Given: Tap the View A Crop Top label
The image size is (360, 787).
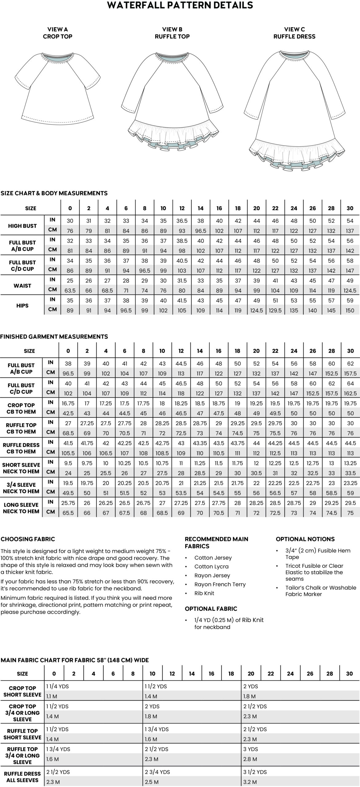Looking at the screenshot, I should pos(57,33).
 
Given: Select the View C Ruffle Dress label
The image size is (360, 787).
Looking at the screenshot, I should pos(294,33).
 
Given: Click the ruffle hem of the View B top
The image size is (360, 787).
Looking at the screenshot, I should pos(172,135).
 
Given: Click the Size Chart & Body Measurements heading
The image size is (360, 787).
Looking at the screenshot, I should pos(54,193).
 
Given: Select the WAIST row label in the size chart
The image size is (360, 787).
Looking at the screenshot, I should pos(22,286).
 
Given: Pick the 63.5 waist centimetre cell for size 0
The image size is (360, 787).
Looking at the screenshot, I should pos(70,291).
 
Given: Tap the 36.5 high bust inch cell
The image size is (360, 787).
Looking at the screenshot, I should pos(182,221).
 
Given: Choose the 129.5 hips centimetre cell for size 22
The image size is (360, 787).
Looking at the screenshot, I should pos(275,310).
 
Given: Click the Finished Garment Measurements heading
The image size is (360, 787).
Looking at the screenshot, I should pos(54,337).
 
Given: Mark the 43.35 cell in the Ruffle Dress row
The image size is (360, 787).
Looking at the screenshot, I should pos(200,443).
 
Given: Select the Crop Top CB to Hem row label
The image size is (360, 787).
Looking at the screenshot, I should pos(21,408).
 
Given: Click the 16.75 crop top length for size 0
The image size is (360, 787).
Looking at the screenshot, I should pos(68,403).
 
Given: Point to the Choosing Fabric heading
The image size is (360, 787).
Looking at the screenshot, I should pos(28,539).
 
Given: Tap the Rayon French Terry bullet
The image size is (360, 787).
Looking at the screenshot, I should pos(220,584).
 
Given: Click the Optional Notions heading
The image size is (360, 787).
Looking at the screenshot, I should pos(305,539).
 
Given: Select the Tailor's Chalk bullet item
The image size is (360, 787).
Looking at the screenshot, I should pos(320,591).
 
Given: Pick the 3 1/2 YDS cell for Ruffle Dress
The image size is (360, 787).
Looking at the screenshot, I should pos(255,772).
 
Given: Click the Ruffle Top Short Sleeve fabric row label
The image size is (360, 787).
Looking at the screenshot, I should pos(22,734).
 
